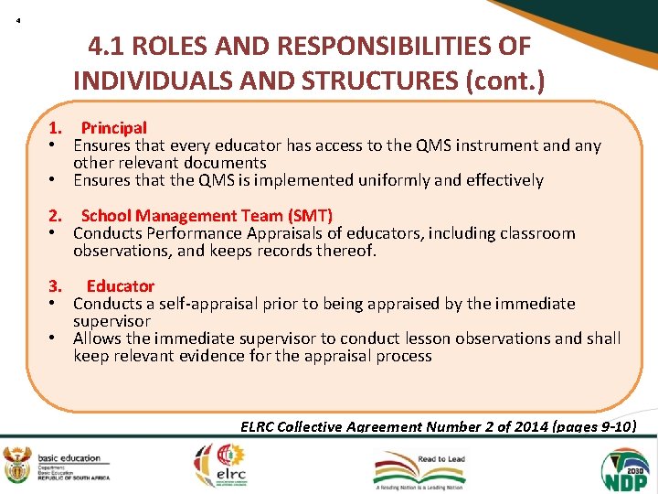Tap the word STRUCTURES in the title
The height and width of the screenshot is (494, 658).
[384, 81]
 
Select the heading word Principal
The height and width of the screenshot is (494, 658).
[113, 128]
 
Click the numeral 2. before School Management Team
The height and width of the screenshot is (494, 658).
[55, 216]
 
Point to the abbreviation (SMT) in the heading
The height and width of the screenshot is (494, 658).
[310, 216]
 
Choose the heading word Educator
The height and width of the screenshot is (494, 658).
[121, 286]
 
